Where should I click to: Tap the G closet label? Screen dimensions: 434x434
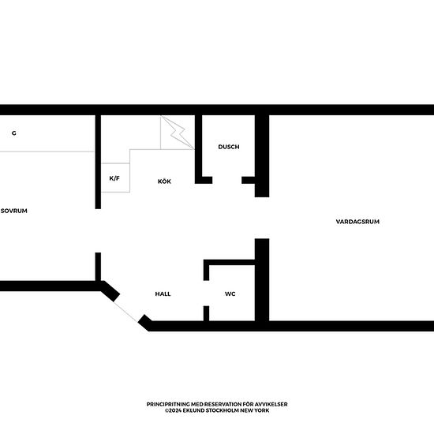pos(14,133)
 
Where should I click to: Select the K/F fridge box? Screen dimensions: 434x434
pos(114,178)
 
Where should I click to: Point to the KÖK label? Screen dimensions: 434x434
pos(164,181)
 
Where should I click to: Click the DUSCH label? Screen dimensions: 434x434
pos(229,147)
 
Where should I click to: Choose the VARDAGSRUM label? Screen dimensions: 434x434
pos(357,222)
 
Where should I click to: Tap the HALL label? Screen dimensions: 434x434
pos(163,294)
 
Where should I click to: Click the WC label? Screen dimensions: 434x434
pos(230,294)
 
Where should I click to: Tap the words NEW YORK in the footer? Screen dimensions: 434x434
pos(254,410)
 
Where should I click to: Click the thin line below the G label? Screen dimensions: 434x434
pos(47,152)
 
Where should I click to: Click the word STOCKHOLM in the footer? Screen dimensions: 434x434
pos(223,410)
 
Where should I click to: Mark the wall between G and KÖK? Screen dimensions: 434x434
pos(98,158)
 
